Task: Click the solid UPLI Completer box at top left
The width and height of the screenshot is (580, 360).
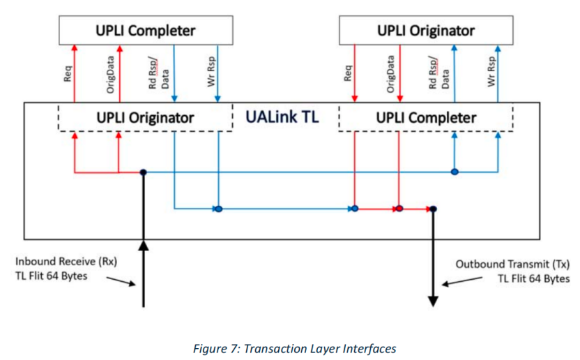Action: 145,31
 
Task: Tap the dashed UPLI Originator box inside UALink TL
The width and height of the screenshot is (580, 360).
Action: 145,117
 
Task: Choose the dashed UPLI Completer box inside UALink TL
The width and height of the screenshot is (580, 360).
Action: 426,117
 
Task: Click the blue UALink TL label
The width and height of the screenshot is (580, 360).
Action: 282,117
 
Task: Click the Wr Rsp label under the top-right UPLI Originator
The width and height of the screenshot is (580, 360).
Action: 491,73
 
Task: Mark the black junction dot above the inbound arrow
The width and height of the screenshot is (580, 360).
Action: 143,172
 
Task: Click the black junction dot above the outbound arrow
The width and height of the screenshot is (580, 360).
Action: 433,209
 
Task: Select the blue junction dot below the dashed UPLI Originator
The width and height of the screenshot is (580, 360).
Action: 217,209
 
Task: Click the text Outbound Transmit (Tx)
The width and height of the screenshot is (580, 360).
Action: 512,264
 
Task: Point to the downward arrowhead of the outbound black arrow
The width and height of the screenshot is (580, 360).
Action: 433,301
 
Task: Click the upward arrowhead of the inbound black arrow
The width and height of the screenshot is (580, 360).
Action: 143,245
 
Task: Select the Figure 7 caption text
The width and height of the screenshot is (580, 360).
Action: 294,348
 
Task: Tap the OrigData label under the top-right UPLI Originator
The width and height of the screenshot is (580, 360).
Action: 390,73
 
